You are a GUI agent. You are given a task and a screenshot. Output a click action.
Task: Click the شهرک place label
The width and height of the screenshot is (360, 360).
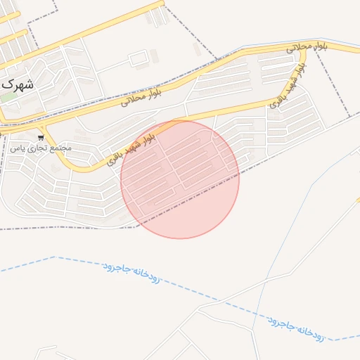(x=18, y=83)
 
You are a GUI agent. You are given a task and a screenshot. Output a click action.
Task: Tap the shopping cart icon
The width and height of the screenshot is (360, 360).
(x=41, y=137)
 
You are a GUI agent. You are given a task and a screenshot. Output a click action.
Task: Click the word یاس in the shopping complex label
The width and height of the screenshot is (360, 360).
(x=17, y=148)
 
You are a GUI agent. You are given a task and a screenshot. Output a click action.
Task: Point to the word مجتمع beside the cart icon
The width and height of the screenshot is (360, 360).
(x=61, y=148)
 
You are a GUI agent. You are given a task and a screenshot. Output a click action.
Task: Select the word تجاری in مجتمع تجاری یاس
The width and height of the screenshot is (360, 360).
(x=37, y=148)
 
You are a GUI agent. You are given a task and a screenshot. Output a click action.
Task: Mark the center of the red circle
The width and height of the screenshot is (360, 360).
(x=180, y=179)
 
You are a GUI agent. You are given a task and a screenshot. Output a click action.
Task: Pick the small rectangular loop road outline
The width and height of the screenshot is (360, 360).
(x=138, y=58)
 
